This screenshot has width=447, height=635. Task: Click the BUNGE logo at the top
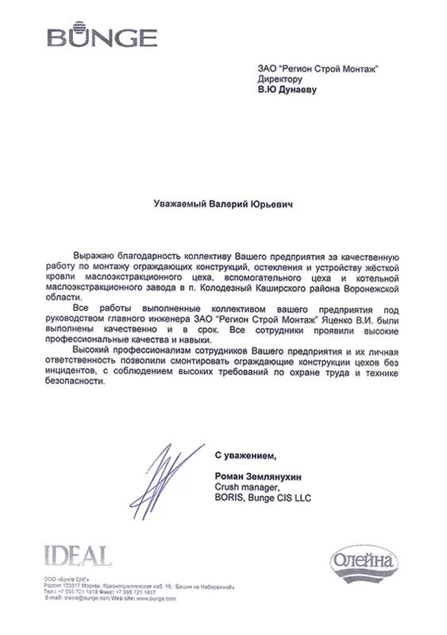[101, 35]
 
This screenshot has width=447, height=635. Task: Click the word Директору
[280, 80]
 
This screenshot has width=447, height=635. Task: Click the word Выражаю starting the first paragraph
[94, 257]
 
